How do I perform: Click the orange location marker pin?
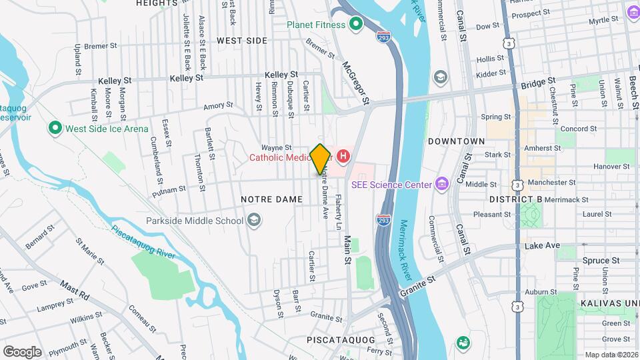[x=320, y=159]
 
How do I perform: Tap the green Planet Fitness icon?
[x=356, y=25]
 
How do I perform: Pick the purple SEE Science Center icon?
[x=441, y=184]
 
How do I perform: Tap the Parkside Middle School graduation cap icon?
[x=253, y=220]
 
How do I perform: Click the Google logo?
[x=22, y=351]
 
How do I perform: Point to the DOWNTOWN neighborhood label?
[x=456, y=141]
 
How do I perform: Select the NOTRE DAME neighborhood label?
[x=267, y=199]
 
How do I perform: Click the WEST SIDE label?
[x=242, y=41]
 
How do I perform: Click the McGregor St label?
[x=355, y=83]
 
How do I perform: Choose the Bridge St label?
[x=538, y=83]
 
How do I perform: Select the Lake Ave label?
[x=542, y=245]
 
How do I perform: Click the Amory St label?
[x=218, y=105]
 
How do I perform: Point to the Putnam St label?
[x=169, y=189]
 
